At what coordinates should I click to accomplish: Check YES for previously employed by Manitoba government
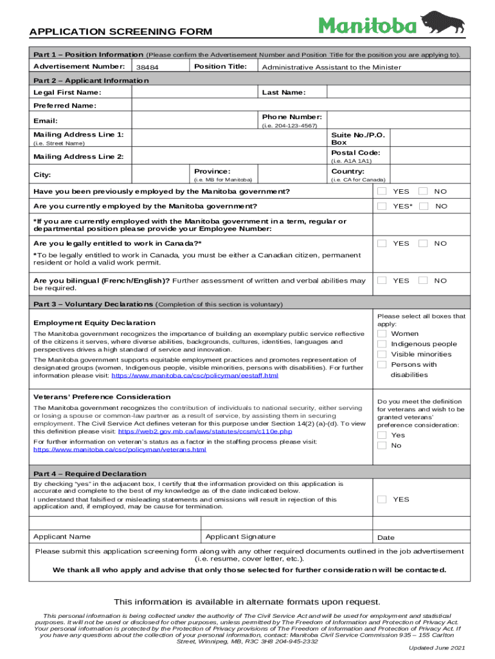tap(382, 192)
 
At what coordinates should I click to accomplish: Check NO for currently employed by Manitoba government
tap(423, 206)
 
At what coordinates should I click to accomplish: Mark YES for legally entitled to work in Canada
tap(382, 243)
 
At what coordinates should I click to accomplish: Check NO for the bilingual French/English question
tap(423, 281)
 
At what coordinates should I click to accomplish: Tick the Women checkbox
tap(382, 333)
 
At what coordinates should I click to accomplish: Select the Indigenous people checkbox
tap(382, 344)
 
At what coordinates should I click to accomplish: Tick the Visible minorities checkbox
tap(382, 354)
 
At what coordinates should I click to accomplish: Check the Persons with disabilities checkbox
tap(382, 364)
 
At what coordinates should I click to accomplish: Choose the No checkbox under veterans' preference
tap(382, 445)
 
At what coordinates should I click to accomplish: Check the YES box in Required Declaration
tap(382, 499)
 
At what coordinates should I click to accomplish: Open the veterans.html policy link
tap(120, 449)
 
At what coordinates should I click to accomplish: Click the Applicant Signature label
tap(240, 537)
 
